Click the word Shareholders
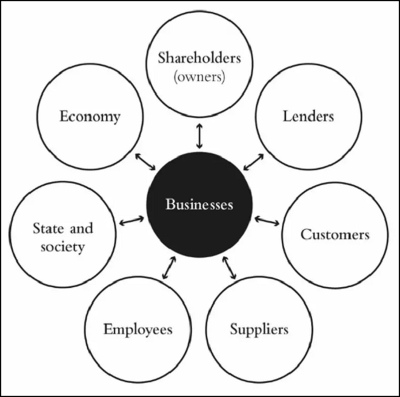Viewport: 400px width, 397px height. (x=199, y=58)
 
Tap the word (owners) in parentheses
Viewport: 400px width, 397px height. (x=199, y=76)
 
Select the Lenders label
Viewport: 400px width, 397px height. (x=308, y=116)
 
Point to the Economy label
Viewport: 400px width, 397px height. (x=90, y=117)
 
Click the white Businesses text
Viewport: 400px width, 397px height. (x=199, y=204)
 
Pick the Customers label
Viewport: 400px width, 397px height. (x=335, y=234)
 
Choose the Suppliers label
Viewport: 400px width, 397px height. (x=259, y=329)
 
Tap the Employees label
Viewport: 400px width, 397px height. (x=138, y=330)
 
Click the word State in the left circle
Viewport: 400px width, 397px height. (x=48, y=228)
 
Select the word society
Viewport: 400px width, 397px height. (x=63, y=247)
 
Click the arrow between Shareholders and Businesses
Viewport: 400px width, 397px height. (x=199, y=136)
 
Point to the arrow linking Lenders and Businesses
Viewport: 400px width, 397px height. (x=253, y=161)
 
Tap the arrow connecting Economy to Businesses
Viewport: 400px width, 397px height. (x=145, y=161)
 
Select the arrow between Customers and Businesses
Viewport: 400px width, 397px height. (x=267, y=221)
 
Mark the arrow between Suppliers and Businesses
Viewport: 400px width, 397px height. (x=229, y=268)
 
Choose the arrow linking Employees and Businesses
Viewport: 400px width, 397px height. (x=169, y=268)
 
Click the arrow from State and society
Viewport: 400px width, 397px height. (x=132, y=221)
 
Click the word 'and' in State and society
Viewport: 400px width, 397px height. (x=81, y=228)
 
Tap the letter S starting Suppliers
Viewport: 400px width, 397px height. (x=234, y=328)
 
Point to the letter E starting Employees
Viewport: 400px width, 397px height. (x=108, y=329)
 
